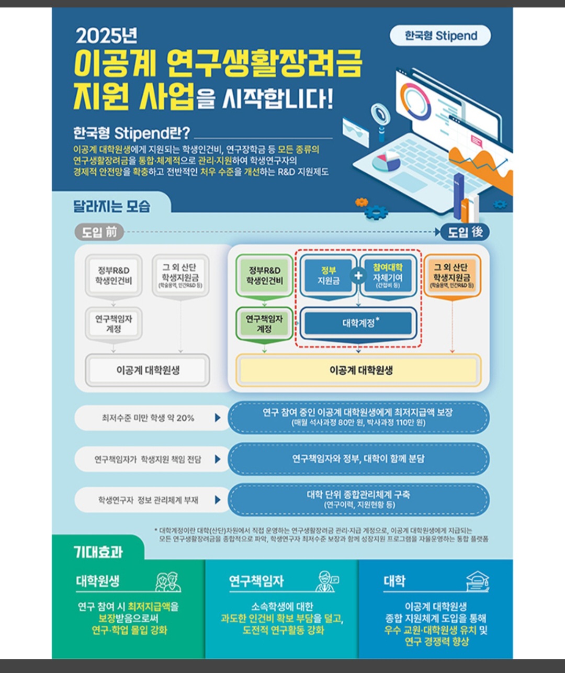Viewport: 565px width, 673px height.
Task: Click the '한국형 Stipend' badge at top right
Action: (x=440, y=36)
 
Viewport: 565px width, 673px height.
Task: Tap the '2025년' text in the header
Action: (x=106, y=36)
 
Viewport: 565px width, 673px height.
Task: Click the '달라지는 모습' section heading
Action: (x=111, y=206)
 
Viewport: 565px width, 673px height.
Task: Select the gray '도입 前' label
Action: (x=99, y=232)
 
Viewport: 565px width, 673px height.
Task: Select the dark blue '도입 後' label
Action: (x=465, y=232)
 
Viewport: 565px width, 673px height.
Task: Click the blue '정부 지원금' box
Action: (x=328, y=276)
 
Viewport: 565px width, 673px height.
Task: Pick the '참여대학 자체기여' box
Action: (x=388, y=276)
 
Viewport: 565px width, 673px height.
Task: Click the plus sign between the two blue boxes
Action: (x=358, y=275)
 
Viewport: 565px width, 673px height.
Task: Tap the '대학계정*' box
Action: (x=359, y=323)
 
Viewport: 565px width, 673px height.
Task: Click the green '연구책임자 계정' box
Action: (x=264, y=323)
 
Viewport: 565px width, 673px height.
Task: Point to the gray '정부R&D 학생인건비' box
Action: (x=114, y=276)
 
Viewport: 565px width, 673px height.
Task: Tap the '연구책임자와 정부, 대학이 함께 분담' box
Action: (x=358, y=459)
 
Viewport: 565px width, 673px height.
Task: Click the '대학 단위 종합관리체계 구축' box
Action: (x=358, y=499)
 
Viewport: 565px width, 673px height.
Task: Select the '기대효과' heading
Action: (x=98, y=552)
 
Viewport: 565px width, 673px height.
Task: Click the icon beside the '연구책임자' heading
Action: (x=328, y=581)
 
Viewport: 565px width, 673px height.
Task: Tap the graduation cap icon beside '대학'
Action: (x=477, y=581)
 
